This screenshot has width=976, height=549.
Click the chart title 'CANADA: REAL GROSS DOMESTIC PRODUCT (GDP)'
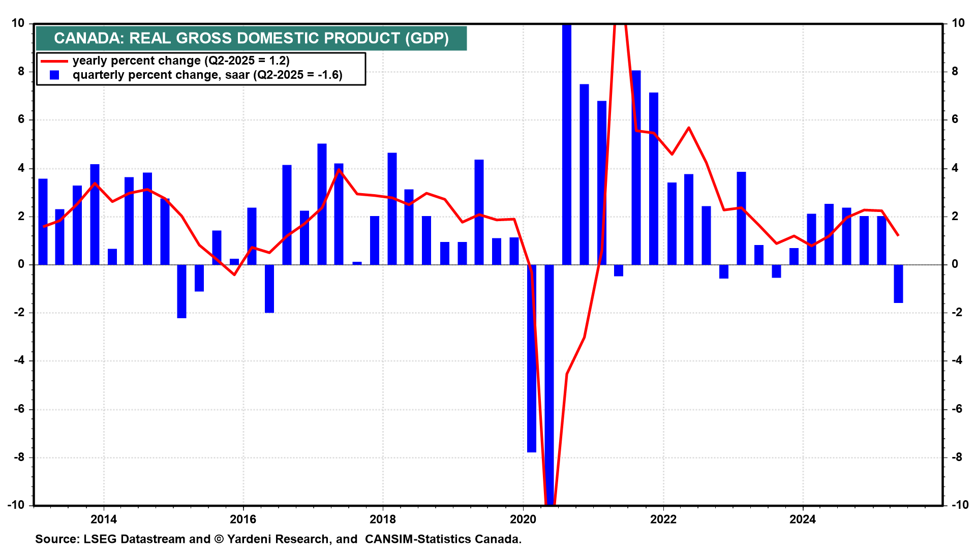point(251,38)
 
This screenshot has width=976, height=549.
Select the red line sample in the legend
point(54,61)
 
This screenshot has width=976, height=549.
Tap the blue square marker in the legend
point(54,75)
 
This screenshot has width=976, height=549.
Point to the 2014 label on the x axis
point(103,520)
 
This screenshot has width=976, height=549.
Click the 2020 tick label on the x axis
point(523,520)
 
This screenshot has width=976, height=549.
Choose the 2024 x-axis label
point(803,520)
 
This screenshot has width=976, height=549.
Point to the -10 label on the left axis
point(16,505)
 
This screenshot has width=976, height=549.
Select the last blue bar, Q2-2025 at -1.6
point(898,284)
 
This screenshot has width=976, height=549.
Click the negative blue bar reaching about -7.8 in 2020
point(532,358)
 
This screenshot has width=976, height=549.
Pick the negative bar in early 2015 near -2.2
point(181,291)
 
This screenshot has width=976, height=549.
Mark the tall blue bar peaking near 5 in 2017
point(322,204)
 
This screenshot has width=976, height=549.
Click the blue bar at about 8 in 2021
point(636,168)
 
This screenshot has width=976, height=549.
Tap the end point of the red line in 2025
point(898,235)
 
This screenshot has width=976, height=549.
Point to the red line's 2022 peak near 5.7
point(689,128)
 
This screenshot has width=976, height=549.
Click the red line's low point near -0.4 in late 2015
point(234,274)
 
